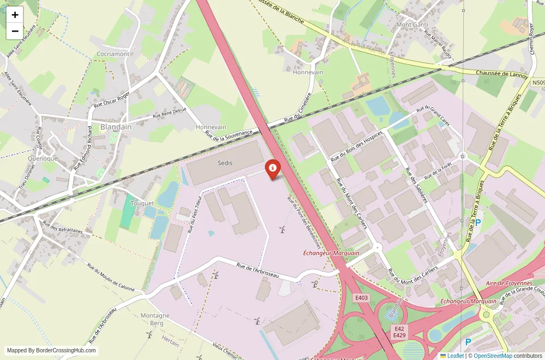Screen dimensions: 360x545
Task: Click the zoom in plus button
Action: (x=15, y=15)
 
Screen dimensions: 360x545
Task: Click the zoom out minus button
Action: (x=15, y=31)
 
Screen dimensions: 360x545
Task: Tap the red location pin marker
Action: (x=272, y=169)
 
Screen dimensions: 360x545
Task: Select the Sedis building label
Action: (x=225, y=163)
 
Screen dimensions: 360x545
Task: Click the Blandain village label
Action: (x=116, y=127)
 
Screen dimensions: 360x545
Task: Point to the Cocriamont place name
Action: (x=113, y=54)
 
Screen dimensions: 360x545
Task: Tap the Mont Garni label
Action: (x=412, y=25)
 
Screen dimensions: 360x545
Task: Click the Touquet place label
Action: (x=142, y=203)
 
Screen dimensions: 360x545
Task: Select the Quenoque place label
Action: (x=43, y=158)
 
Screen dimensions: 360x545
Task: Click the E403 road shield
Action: (x=362, y=298)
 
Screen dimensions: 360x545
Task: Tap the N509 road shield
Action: (x=538, y=83)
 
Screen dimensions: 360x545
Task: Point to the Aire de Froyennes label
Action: (x=509, y=283)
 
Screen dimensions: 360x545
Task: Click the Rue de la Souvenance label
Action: (x=229, y=133)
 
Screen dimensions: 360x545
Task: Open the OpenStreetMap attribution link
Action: (x=493, y=356)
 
